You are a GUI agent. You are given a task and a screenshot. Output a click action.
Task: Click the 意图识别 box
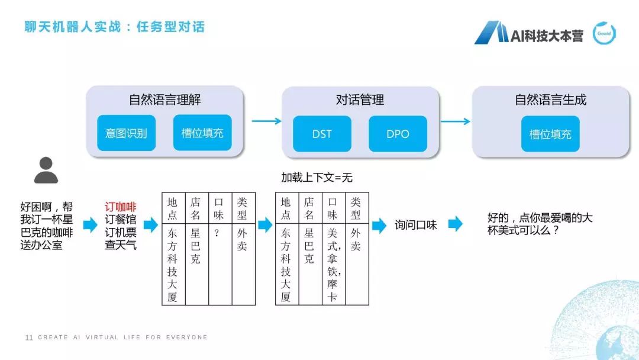click(x=126, y=133)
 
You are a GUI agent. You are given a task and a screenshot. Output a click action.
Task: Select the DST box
click(x=322, y=134)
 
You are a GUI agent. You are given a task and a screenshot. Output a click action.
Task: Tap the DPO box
click(x=398, y=134)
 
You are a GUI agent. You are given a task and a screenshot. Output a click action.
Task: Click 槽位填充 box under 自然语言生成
click(x=550, y=134)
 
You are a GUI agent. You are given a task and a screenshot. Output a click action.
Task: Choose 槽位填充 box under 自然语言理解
click(x=202, y=133)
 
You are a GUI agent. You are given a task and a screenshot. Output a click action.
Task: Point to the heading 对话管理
click(x=360, y=100)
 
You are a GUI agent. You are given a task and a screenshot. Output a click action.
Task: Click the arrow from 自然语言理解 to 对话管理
click(x=266, y=121)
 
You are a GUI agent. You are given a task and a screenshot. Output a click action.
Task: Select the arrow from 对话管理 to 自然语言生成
click(x=456, y=121)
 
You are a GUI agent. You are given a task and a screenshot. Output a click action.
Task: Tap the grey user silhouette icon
click(x=46, y=170)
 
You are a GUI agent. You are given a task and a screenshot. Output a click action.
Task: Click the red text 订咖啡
click(x=121, y=207)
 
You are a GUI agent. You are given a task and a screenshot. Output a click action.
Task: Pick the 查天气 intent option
click(x=121, y=245)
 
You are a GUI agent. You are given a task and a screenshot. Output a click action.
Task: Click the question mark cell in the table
click(x=218, y=233)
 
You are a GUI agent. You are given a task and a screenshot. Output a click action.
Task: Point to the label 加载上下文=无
click(x=317, y=178)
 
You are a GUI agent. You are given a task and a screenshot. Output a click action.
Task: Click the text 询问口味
click(x=416, y=225)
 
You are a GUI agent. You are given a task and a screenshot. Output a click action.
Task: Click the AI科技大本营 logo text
click(x=547, y=36)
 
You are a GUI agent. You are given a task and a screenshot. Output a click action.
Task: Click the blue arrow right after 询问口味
click(x=455, y=224)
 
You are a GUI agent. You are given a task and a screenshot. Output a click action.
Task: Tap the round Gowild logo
click(x=605, y=34)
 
